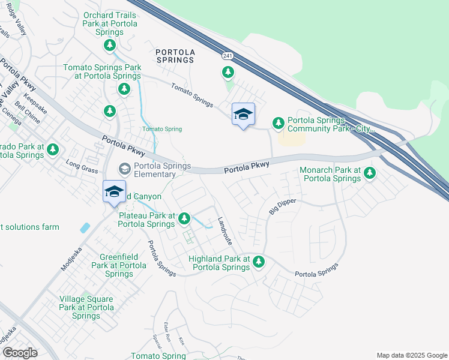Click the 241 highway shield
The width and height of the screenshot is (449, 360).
tap(227, 56)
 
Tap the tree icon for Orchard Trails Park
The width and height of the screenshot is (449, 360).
tap(109, 45)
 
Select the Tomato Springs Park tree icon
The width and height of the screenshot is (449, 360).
tap(124, 89)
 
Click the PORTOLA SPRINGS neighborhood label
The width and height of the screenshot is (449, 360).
tap(175, 56)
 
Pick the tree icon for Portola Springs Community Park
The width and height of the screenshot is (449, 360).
tap(278, 123)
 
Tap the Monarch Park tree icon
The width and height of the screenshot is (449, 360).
tap(370, 173)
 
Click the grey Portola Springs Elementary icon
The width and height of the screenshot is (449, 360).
tap(124, 167)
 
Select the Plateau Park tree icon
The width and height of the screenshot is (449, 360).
tap(185, 219)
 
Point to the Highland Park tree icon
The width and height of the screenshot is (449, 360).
tap(259, 262)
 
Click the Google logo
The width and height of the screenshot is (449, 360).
tap(19, 353)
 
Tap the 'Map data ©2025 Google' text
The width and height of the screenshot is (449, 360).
tap(411, 355)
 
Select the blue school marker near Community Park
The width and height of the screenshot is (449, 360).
tap(243, 115)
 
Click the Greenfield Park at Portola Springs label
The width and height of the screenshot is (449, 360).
tap(119, 265)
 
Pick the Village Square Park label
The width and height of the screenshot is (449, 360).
tap(86, 307)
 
